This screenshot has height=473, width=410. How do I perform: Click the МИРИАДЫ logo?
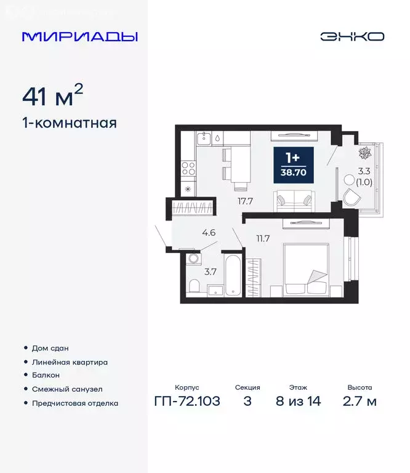point(79,36)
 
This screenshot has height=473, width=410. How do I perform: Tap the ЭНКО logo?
point(352,36)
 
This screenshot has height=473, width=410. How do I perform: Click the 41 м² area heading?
point(52,96)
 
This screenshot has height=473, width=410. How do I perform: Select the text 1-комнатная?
point(69,123)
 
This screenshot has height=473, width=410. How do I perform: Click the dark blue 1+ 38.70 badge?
point(292,164)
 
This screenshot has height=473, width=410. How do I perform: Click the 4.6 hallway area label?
point(209,233)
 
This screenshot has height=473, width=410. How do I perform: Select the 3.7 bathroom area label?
point(211,272)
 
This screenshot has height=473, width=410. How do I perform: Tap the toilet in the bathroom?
point(193,286)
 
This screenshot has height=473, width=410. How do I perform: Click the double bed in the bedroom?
point(305,269)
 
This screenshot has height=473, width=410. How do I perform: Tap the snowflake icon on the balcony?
point(363,152)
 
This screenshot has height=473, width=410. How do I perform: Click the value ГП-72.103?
point(187,402)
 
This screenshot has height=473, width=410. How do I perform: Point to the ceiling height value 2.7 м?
point(360,402)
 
